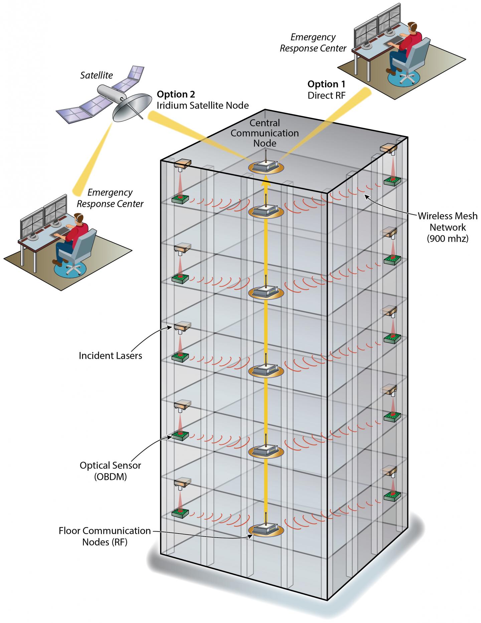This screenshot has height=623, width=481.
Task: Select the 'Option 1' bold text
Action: point(326,84)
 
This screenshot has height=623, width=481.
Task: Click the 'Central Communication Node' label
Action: point(265,133)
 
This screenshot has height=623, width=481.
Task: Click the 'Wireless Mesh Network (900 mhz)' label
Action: point(447,227)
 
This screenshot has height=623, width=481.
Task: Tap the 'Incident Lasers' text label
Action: point(110,356)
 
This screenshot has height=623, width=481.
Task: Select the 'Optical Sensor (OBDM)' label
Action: point(110,471)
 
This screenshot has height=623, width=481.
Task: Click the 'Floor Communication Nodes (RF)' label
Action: point(105,536)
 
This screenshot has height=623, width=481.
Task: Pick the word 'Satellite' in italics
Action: point(97,75)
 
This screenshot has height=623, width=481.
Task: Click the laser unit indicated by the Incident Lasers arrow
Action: point(182,326)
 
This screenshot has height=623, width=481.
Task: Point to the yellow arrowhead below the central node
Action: point(266,182)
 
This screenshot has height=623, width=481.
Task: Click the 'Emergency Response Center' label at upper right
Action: point(313,43)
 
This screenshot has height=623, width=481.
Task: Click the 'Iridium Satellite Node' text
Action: point(203,106)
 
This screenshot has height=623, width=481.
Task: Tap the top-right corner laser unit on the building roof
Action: point(389,147)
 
